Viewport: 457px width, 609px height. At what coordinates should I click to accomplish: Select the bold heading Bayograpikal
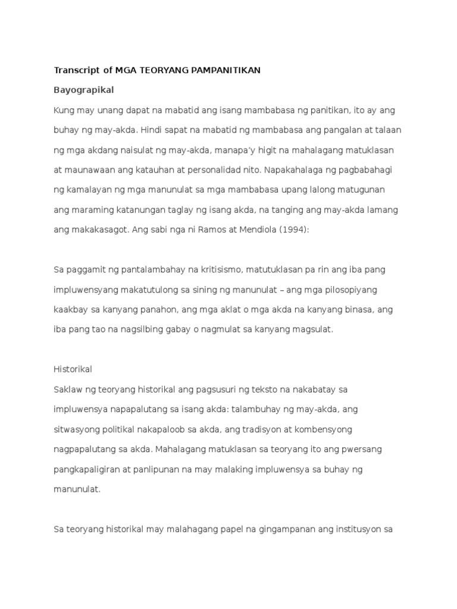point(83,90)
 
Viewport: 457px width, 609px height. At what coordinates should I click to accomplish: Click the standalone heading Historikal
point(73,369)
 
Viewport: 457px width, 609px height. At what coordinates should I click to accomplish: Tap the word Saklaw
point(68,390)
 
